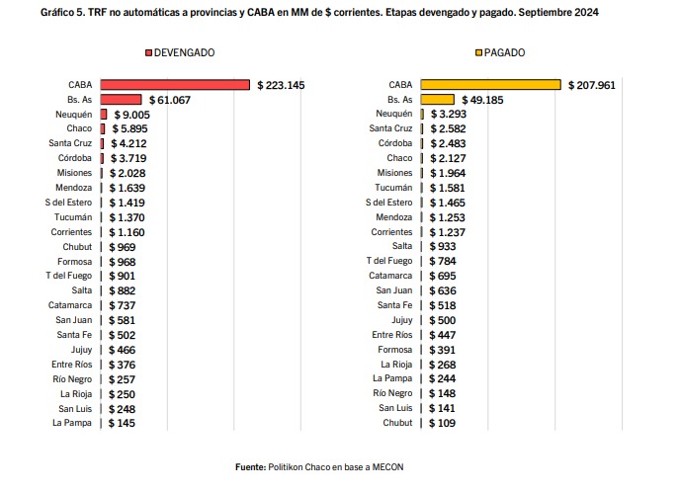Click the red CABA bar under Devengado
click(174, 85)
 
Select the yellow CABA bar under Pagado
click(490, 85)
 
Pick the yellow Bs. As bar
click(437, 100)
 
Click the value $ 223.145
click(281, 85)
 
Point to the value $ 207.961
click(592, 85)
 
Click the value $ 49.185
click(482, 100)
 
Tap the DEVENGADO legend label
click(184, 51)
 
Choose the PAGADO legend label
click(504, 51)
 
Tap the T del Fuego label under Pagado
click(388, 262)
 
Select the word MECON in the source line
click(387, 466)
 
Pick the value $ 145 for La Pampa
click(122, 423)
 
